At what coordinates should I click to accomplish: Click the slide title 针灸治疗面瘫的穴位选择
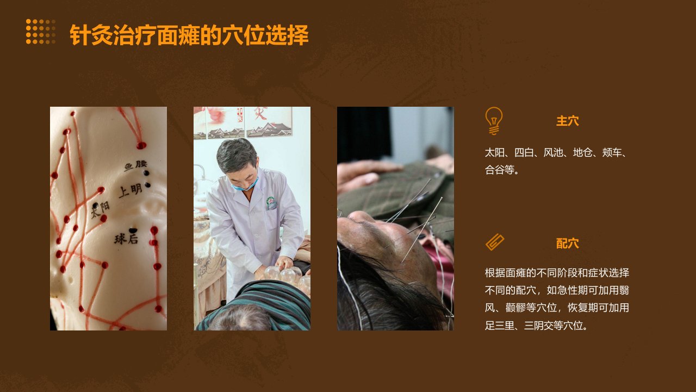(x=189, y=35)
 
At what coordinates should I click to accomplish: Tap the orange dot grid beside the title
(x=41, y=32)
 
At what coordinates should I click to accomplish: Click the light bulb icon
(x=494, y=121)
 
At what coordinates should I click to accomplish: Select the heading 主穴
(x=567, y=121)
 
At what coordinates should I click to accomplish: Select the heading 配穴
(x=567, y=243)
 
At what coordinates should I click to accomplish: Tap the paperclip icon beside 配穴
(x=495, y=242)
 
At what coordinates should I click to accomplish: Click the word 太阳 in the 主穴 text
(x=495, y=153)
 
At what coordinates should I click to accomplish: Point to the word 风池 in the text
(x=553, y=153)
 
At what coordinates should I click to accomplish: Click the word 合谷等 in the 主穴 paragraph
(x=499, y=170)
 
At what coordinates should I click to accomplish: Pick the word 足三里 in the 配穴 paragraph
(x=499, y=326)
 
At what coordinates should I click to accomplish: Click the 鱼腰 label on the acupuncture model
(x=135, y=166)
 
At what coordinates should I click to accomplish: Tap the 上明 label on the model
(x=130, y=191)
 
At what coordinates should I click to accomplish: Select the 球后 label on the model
(x=126, y=239)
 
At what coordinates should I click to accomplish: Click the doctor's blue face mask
(x=245, y=186)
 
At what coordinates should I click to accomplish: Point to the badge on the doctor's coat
(x=271, y=203)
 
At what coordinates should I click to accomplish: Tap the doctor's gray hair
(x=237, y=153)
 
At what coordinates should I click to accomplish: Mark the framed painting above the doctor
(x=269, y=122)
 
